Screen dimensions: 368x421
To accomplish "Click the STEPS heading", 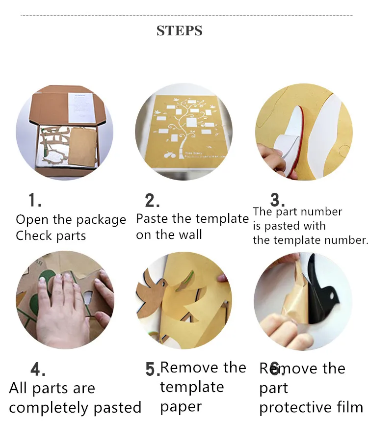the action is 179,30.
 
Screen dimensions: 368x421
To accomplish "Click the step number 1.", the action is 35,200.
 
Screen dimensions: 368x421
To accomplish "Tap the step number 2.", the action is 152,201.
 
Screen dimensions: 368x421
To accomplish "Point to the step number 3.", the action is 277,200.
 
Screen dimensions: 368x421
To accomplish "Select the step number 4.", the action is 38,369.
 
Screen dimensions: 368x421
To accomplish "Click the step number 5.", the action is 153,369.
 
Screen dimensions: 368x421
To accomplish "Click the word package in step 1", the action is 101,220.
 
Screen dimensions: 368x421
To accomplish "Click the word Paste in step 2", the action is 153,218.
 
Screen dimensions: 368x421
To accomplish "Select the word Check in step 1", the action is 34,236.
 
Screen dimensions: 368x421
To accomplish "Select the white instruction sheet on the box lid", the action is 80,107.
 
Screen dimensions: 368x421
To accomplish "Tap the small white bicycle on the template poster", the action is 169,155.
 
